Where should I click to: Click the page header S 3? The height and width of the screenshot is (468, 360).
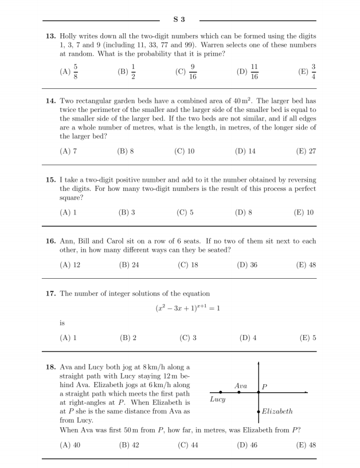(x=179, y=20)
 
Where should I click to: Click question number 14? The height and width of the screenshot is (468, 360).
(x=50, y=100)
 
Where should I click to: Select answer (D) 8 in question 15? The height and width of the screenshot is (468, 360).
(x=244, y=212)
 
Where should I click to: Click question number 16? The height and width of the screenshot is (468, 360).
(x=50, y=241)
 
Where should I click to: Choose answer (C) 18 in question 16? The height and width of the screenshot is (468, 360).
(x=186, y=265)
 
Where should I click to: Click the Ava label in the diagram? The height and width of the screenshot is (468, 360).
(x=241, y=385)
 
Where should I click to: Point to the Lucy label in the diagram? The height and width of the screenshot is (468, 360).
(x=218, y=399)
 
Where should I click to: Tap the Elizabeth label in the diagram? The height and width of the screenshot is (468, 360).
(x=277, y=411)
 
